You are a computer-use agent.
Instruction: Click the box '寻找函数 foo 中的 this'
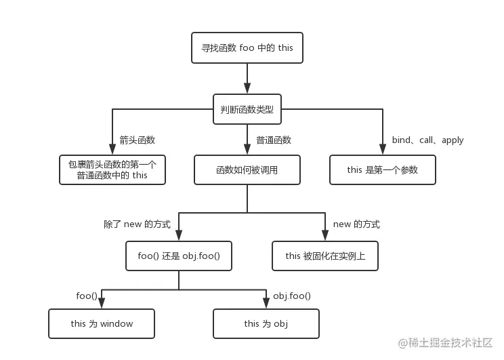247,47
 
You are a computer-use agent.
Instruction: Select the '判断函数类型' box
247,108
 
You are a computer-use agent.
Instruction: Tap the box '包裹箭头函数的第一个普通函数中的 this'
112,169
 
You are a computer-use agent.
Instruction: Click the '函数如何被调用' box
247,169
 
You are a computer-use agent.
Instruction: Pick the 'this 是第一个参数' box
383,169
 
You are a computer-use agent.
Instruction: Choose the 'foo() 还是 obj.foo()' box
179,256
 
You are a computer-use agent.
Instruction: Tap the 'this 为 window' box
102,323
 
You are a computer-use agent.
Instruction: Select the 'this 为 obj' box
266,323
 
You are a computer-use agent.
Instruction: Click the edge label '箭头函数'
138,140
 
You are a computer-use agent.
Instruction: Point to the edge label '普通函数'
274,140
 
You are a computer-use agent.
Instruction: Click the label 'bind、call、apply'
427,140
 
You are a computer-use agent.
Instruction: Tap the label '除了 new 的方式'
137,224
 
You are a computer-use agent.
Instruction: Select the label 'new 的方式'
356,224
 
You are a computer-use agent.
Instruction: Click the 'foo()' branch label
87,296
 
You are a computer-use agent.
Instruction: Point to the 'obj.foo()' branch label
292,296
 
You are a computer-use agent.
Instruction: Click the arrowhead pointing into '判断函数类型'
247,88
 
